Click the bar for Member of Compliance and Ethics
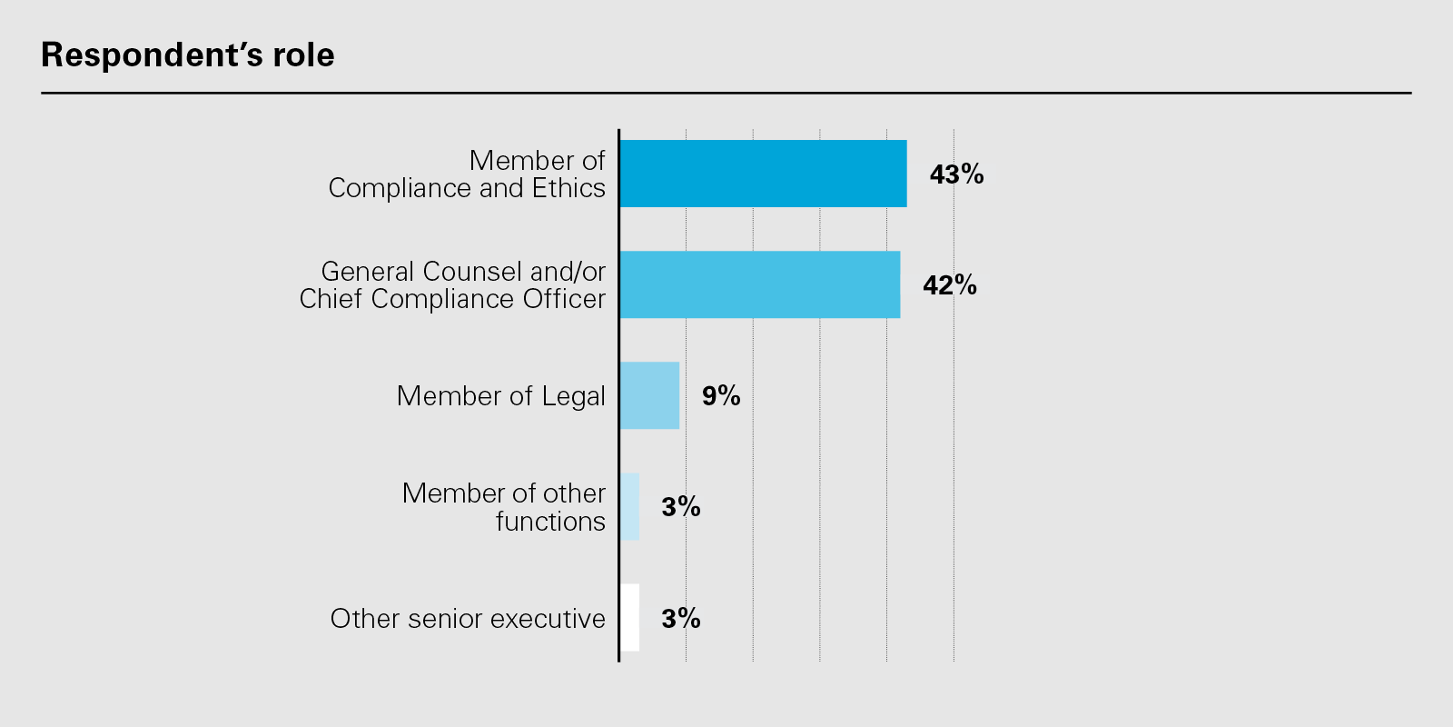point(763,174)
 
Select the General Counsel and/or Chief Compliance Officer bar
point(759,284)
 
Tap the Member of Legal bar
point(649,395)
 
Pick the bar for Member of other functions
point(629,506)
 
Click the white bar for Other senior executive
point(629,617)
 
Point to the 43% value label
point(956,174)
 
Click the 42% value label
point(950,285)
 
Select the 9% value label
point(721,396)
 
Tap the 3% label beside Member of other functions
point(681,507)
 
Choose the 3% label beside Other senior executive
point(681,619)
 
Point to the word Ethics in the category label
point(568,188)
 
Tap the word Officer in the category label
point(565,299)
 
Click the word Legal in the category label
point(573,397)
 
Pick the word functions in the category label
point(550,522)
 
